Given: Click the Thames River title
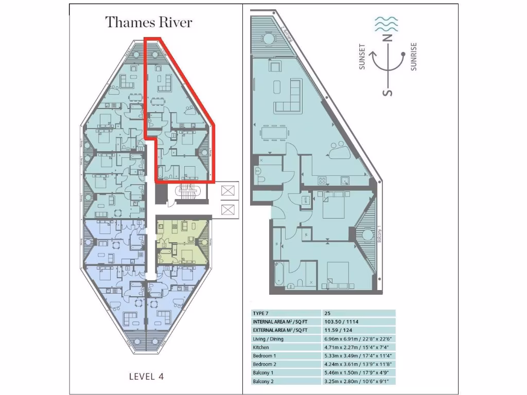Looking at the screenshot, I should click(x=149, y=23).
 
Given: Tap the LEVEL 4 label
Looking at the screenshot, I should click(x=146, y=376).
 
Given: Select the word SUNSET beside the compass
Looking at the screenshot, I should click(x=363, y=56).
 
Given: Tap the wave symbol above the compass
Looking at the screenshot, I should click(x=385, y=23).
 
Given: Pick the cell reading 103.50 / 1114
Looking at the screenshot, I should click(x=341, y=321).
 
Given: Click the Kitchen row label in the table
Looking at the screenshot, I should click(x=261, y=347).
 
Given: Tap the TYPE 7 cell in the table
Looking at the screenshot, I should click(x=261, y=313).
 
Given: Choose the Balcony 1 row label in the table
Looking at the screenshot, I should click(x=263, y=373).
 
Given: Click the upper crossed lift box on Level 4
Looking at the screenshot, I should click(x=226, y=191).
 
